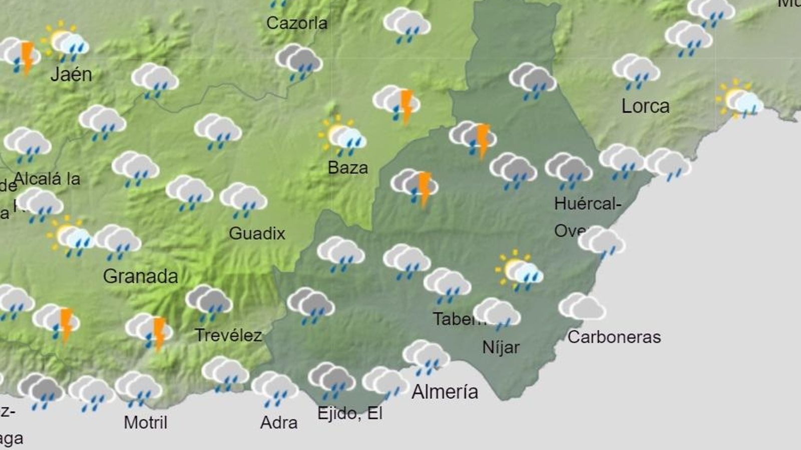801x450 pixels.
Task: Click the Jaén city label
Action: (71, 74)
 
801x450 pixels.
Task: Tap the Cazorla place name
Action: (297, 23)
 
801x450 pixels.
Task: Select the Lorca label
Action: (645, 106)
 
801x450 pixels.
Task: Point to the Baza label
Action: (347, 167)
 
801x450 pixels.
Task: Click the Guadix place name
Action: (257, 233)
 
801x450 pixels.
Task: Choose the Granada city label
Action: (141, 276)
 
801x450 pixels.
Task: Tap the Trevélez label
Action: (228, 335)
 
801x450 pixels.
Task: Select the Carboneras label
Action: (614, 337)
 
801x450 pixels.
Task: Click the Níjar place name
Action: (501, 347)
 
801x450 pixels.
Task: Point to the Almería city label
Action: (445, 391)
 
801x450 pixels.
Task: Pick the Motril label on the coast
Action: (145, 422)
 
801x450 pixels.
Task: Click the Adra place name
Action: (279, 423)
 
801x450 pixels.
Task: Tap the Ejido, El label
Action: (350, 413)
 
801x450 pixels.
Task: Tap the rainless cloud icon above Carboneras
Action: (582, 306)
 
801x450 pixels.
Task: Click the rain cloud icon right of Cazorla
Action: (407, 24)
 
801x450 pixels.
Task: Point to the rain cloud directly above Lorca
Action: (636, 70)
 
